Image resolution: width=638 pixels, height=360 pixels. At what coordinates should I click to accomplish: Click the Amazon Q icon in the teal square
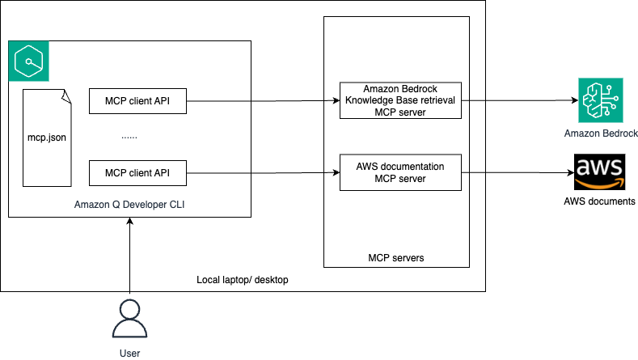28,61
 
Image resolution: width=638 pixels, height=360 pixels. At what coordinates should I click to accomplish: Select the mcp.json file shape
47,138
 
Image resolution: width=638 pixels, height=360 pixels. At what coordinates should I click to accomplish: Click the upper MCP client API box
137,102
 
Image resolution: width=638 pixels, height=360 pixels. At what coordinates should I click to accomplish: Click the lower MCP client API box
137,172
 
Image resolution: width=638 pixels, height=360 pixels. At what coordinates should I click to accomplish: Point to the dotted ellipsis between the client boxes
129,137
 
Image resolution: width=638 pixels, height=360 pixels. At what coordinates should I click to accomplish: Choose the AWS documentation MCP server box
400,172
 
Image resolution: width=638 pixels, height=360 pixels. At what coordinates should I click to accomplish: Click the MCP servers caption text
395,258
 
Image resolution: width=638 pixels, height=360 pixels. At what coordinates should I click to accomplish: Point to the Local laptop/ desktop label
243,280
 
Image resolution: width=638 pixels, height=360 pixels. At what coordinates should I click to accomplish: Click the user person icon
129,318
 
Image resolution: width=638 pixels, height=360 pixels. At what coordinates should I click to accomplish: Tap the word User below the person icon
129,354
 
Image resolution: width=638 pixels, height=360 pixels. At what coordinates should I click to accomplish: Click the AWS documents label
599,201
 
